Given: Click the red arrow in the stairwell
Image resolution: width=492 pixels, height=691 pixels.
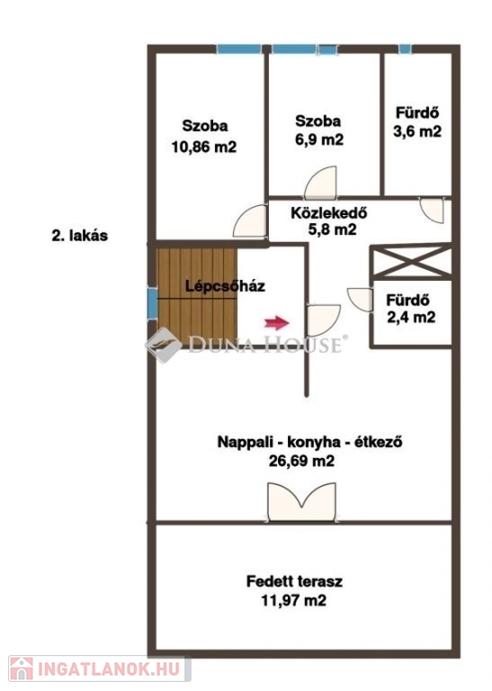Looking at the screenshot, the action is click(277, 323).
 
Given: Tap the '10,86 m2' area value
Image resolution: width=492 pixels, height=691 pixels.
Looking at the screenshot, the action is click(204, 147).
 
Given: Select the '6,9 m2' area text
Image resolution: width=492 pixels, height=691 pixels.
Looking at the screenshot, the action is click(319, 139).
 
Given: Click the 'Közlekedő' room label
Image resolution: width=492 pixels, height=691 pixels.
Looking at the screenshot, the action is click(329, 213).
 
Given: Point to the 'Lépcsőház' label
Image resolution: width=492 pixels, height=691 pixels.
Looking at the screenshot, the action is click(225, 286).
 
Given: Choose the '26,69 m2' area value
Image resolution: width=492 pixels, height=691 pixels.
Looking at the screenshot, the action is click(301, 461).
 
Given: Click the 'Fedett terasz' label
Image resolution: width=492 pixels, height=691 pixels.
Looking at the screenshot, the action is click(294, 581).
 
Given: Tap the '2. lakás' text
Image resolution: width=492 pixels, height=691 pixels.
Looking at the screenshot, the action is click(80, 236).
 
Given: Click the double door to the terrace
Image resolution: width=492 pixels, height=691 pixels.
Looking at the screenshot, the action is click(301, 502).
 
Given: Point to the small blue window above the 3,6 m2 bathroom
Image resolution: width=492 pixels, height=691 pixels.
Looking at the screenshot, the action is click(405, 49).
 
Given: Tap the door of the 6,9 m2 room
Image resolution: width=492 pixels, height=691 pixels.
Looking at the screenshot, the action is click(321, 183).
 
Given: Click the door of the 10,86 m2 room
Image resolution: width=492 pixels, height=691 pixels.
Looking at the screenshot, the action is click(250, 220).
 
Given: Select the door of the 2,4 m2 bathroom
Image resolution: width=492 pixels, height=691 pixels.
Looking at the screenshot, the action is click(361, 300).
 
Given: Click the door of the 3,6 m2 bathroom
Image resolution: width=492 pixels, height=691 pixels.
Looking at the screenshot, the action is click(432, 211).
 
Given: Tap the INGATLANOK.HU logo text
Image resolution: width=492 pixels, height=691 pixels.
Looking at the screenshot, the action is click(109, 669).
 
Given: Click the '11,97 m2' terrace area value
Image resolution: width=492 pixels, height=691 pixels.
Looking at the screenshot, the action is click(294, 600).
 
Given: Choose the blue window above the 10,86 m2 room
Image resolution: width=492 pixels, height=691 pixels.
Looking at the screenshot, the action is click(240, 49).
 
